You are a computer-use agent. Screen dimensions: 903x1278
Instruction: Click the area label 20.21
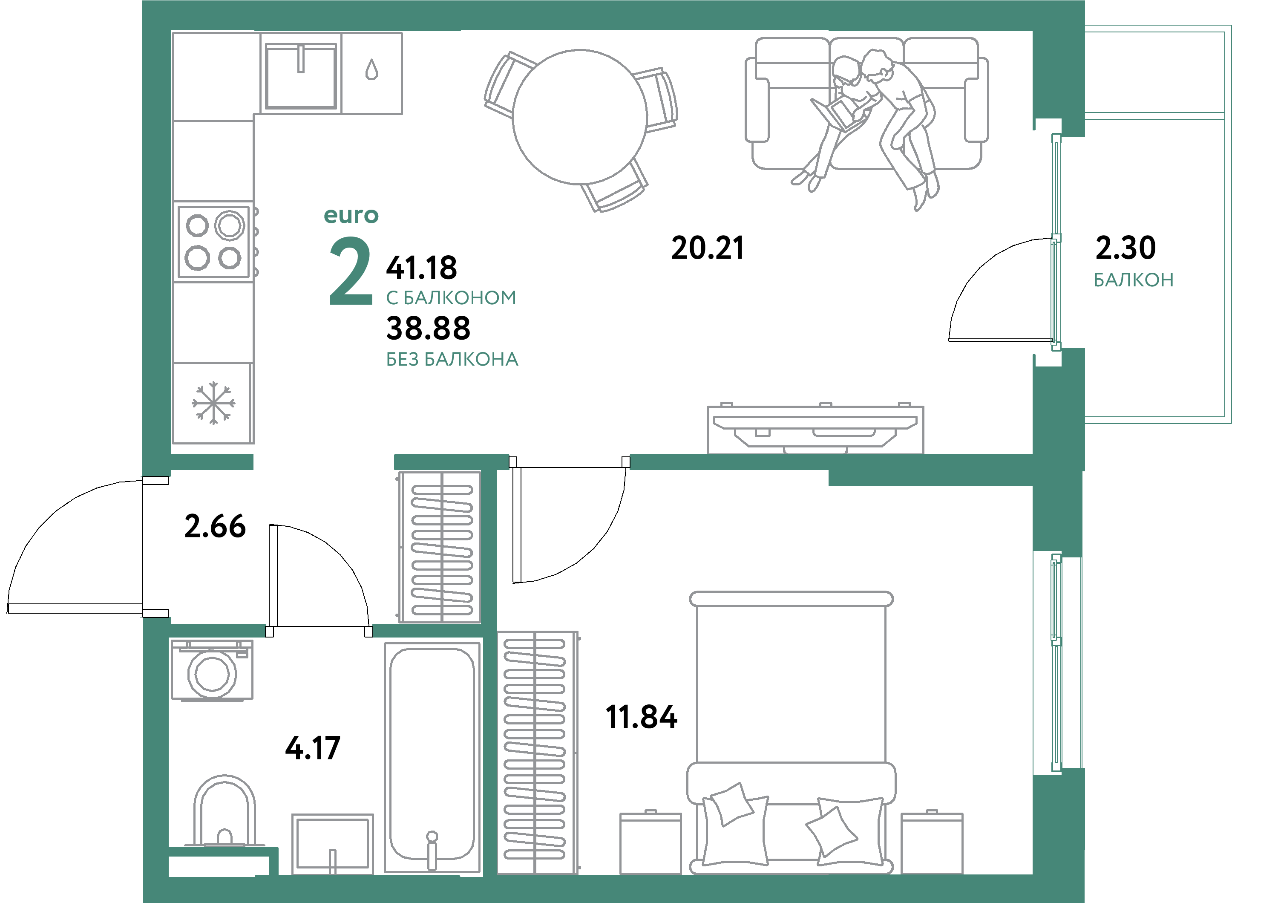click(x=708, y=248)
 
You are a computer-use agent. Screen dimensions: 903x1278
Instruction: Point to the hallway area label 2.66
click(x=215, y=526)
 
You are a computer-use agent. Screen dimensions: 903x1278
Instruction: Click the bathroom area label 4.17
click(x=312, y=748)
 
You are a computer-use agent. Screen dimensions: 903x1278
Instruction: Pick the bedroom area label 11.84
click(x=641, y=717)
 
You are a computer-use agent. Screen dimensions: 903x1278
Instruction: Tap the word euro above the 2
click(x=351, y=216)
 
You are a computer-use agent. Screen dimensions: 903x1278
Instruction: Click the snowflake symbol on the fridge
click(x=213, y=403)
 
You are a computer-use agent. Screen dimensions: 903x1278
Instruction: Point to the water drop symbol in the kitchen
click(x=371, y=71)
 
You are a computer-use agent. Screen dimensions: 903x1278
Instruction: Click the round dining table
click(x=579, y=117)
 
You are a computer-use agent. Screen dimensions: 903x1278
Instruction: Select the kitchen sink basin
click(x=301, y=76)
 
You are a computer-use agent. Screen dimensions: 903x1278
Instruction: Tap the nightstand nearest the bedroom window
click(x=932, y=842)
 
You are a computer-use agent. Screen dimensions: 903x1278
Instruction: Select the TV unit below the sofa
click(x=815, y=429)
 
